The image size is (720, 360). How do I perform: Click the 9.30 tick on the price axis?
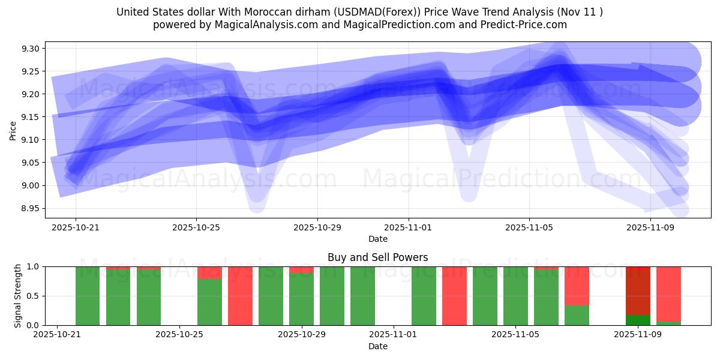coord(31,49)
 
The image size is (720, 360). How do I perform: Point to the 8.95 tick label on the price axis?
coord(31,208)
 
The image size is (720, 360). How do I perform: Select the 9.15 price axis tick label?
coord(31,117)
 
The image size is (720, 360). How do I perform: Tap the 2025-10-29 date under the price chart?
coord(317,228)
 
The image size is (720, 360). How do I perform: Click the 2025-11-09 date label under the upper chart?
coord(650,228)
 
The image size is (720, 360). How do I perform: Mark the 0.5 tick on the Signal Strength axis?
coord(34,296)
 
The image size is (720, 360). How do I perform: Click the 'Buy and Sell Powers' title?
coord(377,257)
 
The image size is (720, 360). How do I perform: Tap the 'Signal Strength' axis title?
coord(18,295)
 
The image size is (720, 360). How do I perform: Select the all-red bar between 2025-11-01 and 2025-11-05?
coord(454,296)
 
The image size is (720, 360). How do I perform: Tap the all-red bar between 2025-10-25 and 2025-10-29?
coord(240,296)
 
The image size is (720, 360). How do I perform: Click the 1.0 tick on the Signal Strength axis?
coord(34,266)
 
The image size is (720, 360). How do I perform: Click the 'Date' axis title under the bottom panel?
coord(377,346)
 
